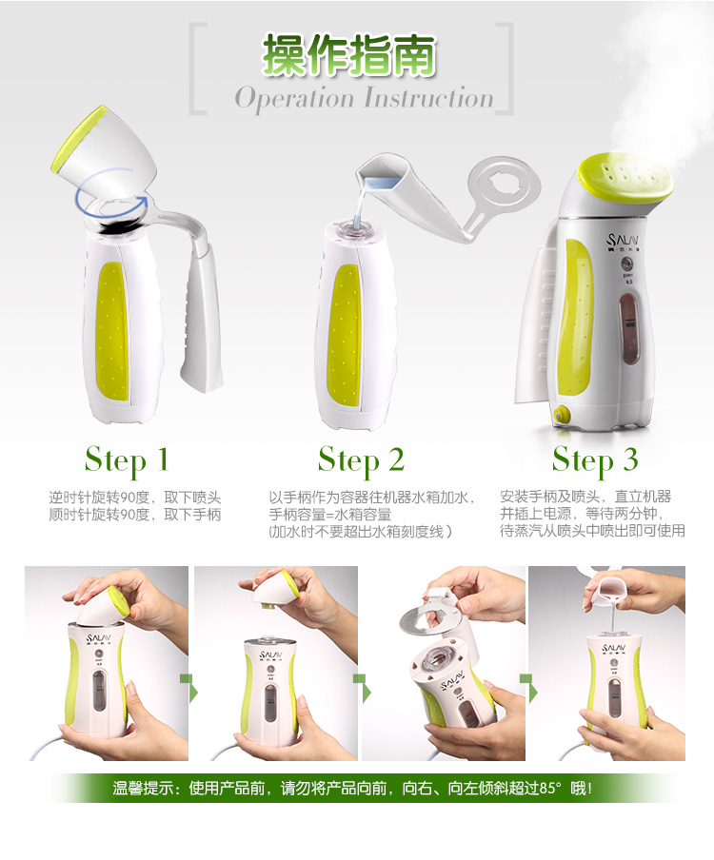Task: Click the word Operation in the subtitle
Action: click(x=294, y=99)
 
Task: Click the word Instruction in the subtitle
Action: click(x=428, y=98)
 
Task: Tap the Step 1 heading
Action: click(x=127, y=460)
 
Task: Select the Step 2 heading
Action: click(x=361, y=460)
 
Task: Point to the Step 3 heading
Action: click(x=595, y=460)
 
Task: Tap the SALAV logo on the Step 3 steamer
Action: click(x=623, y=241)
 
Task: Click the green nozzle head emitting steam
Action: click(x=625, y=177)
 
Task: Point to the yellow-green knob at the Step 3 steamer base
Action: click(x=561, y=415)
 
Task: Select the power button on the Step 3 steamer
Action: click(x=627, y=264)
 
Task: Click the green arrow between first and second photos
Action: click(x=189, y=688)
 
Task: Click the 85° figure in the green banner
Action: click(x=550, y=788)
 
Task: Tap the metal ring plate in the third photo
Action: click(x=428, y=619)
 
